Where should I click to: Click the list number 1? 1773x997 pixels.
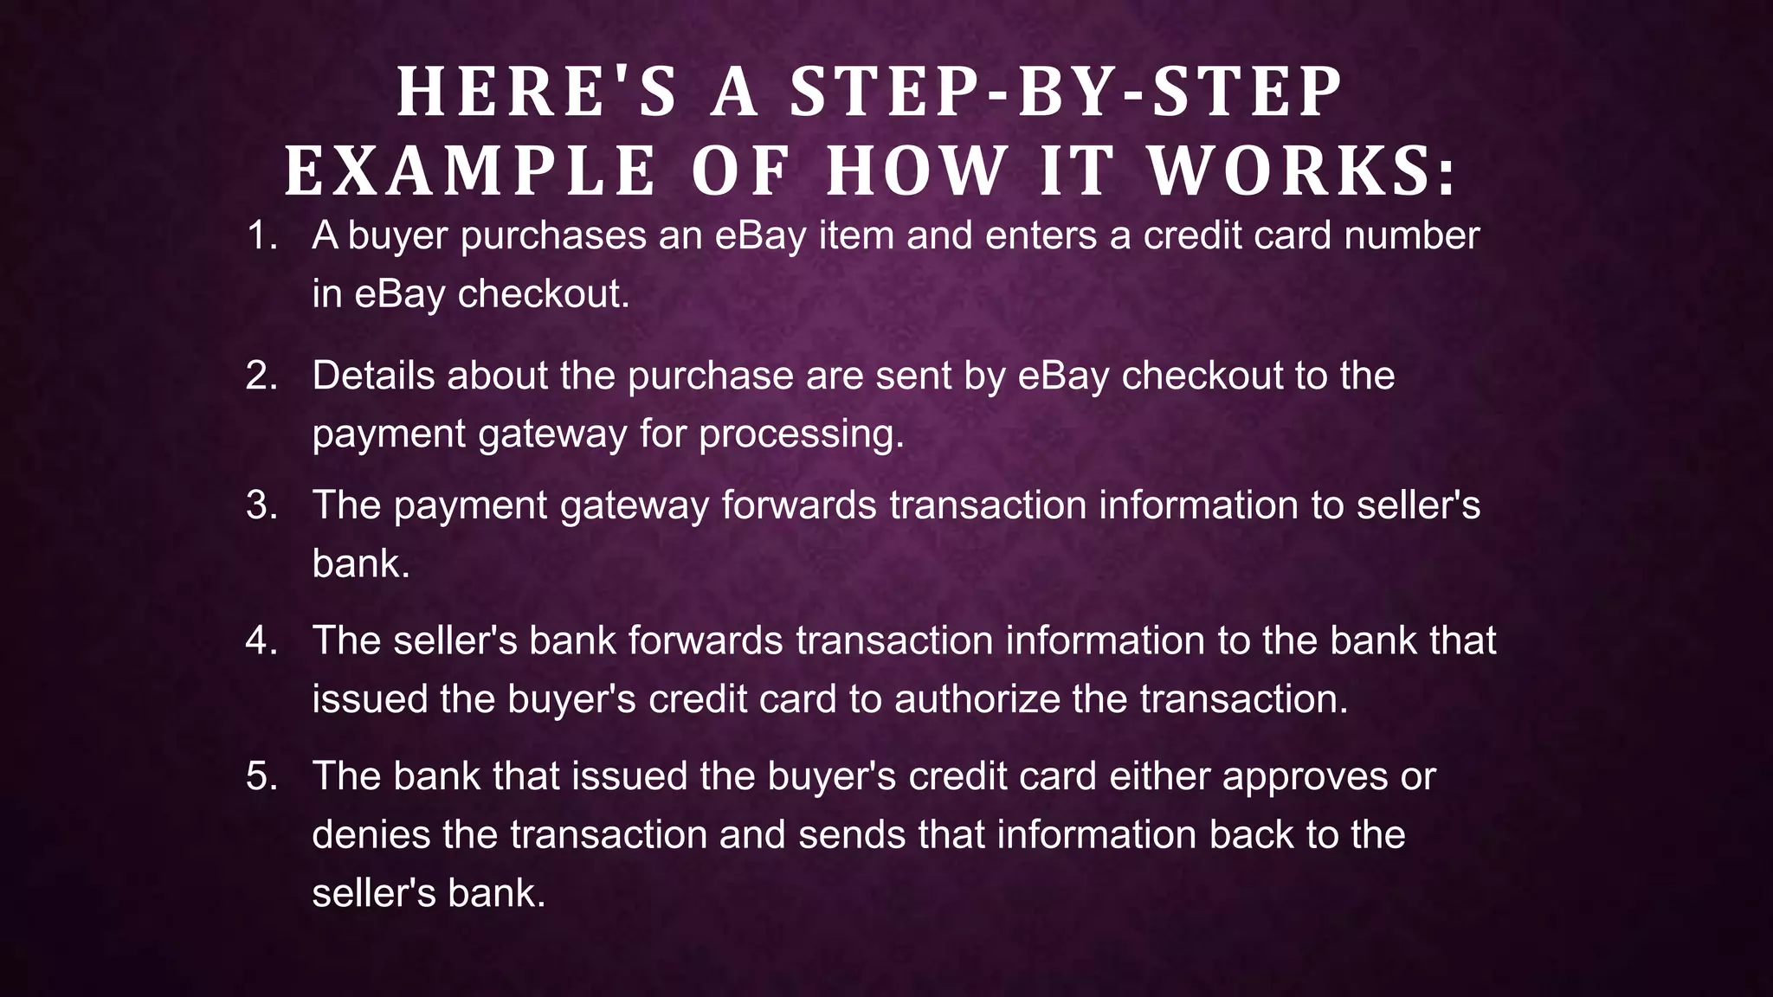point(261,235)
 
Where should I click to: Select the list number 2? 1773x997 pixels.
point(261,376)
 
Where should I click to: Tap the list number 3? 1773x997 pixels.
point(261,505)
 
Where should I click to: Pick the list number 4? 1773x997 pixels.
point(261,640)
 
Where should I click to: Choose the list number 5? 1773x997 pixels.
point(261,776)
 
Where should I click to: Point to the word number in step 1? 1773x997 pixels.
point(1411,235)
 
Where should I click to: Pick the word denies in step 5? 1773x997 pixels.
point(371,835)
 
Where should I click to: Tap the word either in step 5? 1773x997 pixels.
point(1159,776)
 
